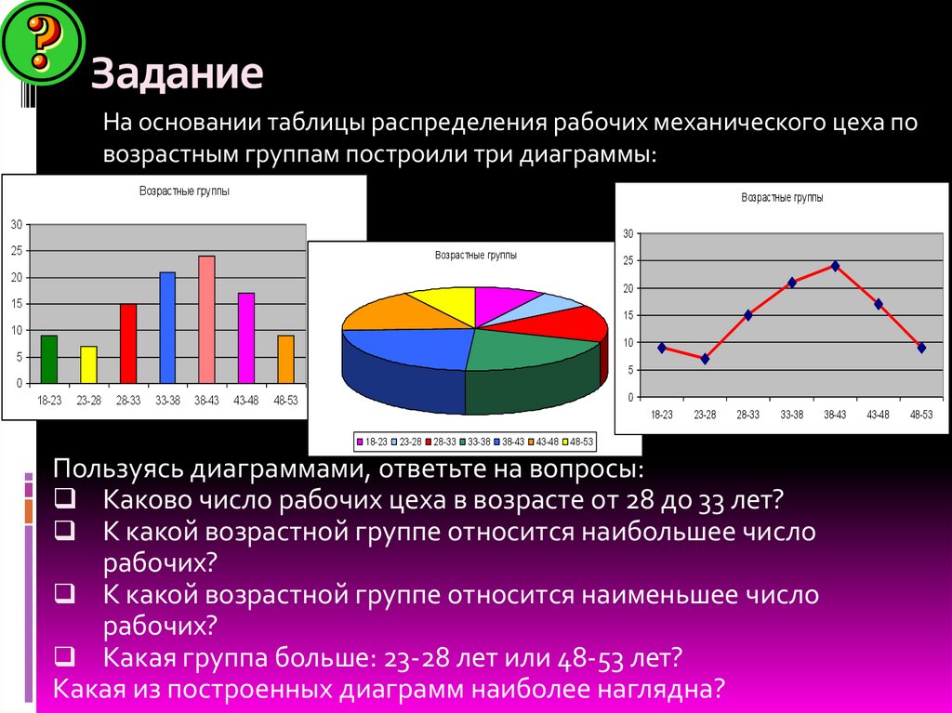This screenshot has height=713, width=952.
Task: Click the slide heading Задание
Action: tap(177, 74)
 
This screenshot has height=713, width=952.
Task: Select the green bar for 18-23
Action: tap(49, 359)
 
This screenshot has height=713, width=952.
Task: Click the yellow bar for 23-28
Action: tap(88, 364)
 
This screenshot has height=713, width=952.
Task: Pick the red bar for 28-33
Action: tap(128, 343)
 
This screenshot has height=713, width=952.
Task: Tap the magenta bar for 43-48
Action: tap(246, 337)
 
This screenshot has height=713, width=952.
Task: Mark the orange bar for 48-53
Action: tap(285, 359)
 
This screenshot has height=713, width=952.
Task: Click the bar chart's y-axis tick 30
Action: tap(16, 224)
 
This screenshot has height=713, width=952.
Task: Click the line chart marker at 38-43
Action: tap(835, 266)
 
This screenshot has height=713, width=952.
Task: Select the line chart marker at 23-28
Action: tap(705, 359)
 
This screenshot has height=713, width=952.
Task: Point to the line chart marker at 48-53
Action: tap(921, 348)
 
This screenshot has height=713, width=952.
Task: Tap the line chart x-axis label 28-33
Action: tap(748, 415)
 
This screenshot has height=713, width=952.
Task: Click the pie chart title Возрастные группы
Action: tap(476, 255)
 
